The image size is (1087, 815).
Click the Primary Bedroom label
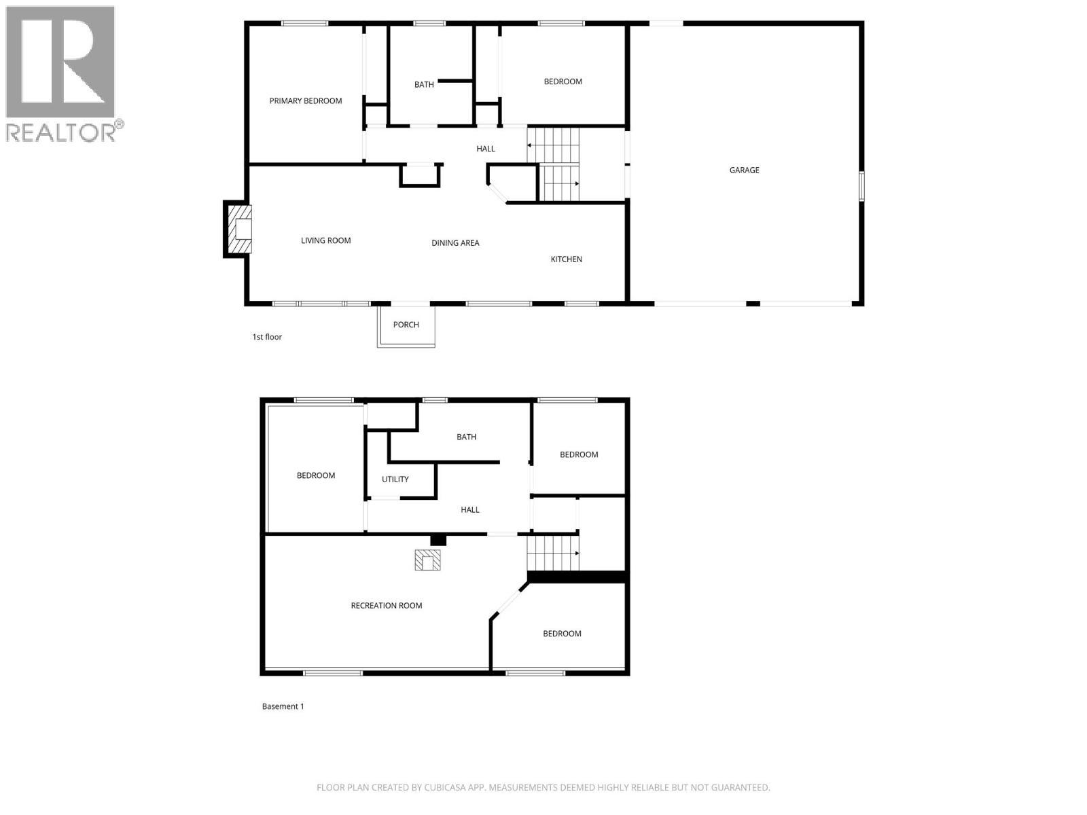click(x=305, y=101)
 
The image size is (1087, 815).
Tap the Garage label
click(x=744, y=170)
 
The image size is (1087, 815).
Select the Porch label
click(x=406, y=325)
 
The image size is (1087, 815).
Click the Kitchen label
click(x=566, y=259)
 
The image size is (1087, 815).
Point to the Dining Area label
click(x=455, y=243)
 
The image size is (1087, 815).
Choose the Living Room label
click(x=325, y=240)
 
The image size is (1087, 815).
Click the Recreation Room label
click(x=386, y=606)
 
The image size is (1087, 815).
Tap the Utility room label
click(x=395, y=479)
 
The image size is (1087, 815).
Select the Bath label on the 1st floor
click(x=424, y=85)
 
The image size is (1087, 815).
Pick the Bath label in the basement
click(x=466, y=437)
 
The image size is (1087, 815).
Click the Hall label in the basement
click(x=469, y=510)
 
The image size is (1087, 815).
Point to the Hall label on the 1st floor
click(x=485, y=149)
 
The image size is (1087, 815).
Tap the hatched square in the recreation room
click(x=428, y=560)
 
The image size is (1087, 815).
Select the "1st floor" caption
click(x=266, y=337)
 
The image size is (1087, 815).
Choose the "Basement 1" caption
click(x=283, y=706)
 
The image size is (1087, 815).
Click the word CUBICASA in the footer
click(x=444, y=788)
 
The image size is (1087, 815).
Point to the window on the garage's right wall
click(x=861, y=186)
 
